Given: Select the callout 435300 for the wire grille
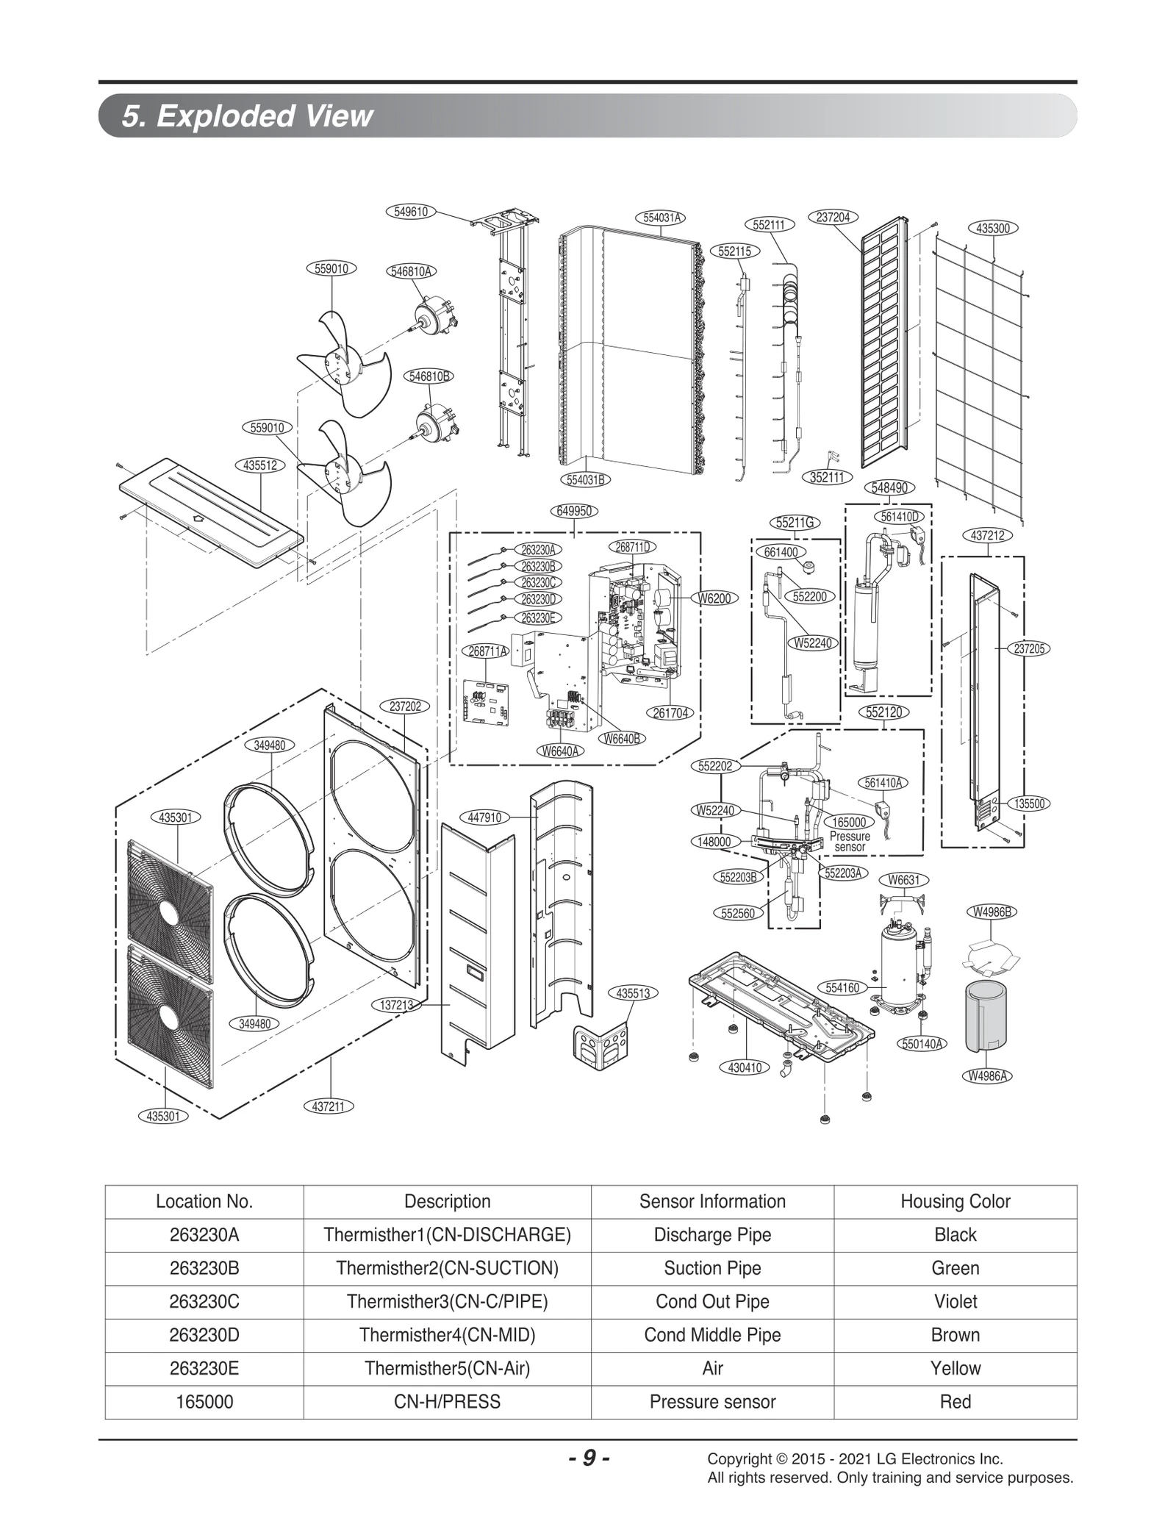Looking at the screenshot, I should tap(992, 229).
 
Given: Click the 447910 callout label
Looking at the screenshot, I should tap(484, 817).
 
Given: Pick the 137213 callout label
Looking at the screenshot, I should tap(397, 1004).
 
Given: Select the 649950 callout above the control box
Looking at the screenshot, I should tap(574, 511).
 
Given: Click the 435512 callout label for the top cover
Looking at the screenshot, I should tap(260, 465).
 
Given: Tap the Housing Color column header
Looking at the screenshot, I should tap(955, 1201).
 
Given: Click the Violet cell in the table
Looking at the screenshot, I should tap(955, 1301).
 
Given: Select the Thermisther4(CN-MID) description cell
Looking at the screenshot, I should tap(447, 1334).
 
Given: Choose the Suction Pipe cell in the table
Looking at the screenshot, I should tap(712, 1268).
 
